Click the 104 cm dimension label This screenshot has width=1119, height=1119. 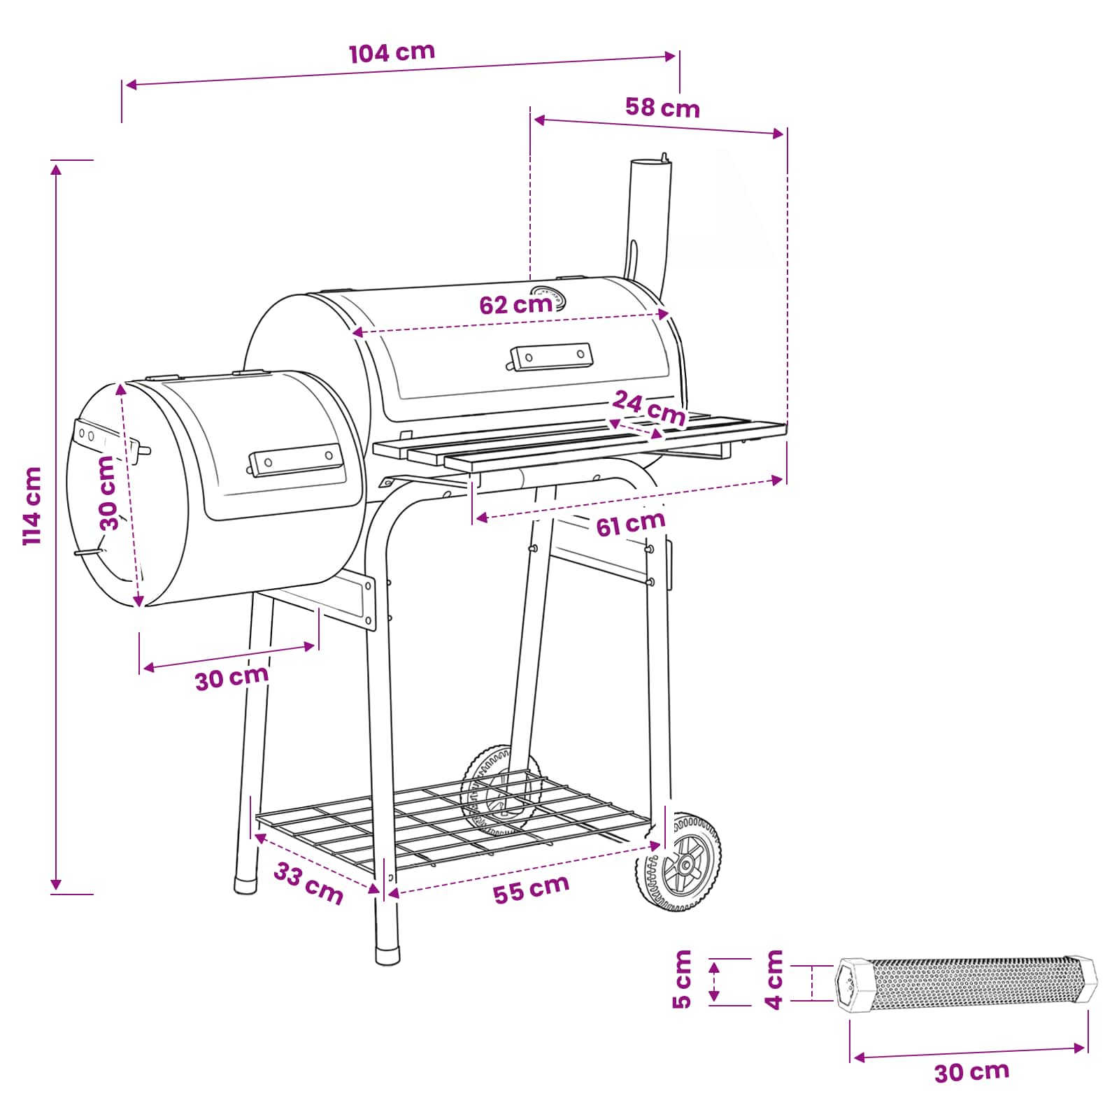pyautogui.click(x=392, y=52)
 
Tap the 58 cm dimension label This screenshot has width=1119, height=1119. pyautogui.click(x=662, y=108)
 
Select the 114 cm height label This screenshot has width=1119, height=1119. pyautogui.click(x=33, y=506)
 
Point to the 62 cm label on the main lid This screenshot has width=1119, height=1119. pyautogui.click(x=515, y=305)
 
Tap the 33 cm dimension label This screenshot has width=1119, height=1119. pyautogui.click(x=308, y=883)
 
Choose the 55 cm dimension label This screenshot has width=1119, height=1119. pyautogui.click(x=531, y=889)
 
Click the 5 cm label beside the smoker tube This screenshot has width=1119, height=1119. pyautogui.click(x=682, y=979)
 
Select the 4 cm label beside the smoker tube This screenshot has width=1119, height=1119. pyautogui.click(x=774, y=979)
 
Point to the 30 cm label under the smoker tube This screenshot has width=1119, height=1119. pyautogui.click(x=971, y=1072)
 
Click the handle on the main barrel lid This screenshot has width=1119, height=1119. pyautogui.click(x=550, y=356)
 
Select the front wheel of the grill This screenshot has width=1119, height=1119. pyautogui.click(x=679, y=862)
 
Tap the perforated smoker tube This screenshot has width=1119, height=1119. pyautogui.click(x=967, y=984)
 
